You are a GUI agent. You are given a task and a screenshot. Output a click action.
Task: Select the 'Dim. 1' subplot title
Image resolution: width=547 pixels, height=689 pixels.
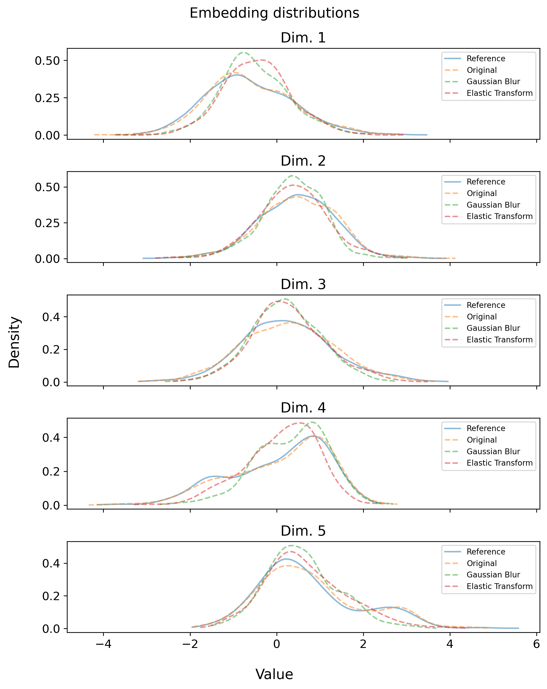303,38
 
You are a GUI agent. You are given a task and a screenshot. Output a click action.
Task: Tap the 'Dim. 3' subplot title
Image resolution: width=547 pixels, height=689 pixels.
303,284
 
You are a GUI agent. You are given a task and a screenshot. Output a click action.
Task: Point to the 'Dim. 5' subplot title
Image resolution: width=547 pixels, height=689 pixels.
303,531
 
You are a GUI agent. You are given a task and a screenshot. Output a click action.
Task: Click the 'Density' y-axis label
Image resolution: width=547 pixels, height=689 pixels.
14,342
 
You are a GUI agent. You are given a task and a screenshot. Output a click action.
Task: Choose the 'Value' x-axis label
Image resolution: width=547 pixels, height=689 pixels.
274,674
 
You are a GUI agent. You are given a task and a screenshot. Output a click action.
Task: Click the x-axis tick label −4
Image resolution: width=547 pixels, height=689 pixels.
103,644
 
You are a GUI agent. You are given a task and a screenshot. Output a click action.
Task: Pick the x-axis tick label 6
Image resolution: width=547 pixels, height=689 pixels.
537,644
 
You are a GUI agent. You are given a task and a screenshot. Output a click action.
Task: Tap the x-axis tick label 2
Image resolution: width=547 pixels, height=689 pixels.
363,644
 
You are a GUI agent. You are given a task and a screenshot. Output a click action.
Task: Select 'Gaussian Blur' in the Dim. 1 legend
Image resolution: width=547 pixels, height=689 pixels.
493,81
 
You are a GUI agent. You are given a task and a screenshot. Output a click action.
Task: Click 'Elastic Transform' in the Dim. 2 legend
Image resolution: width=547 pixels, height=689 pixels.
499,216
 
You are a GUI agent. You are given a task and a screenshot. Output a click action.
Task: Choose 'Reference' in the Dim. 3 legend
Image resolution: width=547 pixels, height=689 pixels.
485,305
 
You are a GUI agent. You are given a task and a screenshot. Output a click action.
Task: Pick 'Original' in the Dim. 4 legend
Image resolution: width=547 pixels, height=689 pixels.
482,440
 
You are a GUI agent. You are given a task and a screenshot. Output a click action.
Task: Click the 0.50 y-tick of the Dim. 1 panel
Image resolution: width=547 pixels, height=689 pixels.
47,61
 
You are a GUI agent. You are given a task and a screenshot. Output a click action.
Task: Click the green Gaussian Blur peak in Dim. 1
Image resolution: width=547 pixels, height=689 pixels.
244,52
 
